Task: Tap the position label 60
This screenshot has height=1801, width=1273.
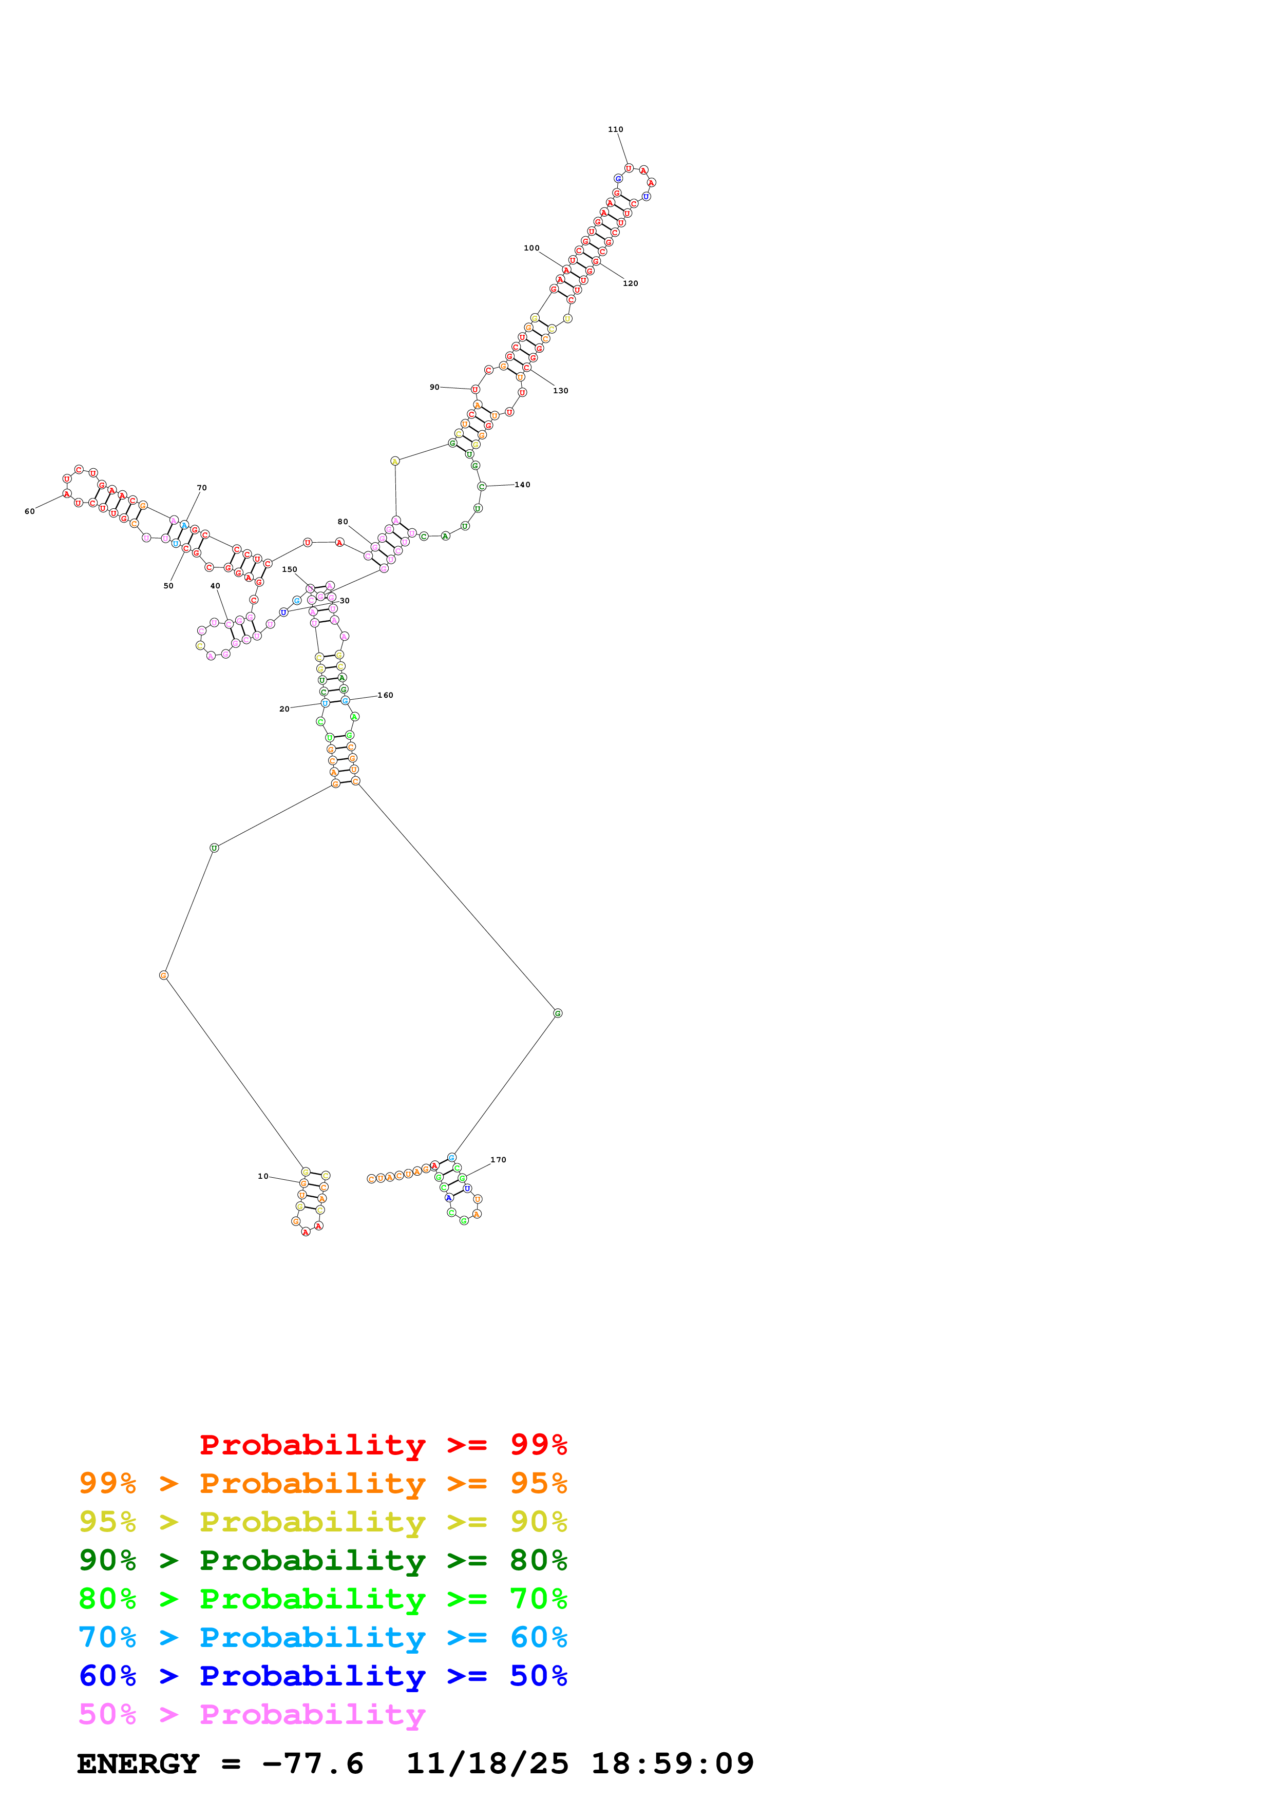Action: [30, 511]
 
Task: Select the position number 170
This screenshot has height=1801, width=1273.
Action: [498, 1159]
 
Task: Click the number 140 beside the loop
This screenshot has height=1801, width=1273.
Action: [522, 485]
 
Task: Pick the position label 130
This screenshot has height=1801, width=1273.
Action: [560, 391]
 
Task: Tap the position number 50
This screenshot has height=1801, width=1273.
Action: [168, 586]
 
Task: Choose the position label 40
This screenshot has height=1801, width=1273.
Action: [215, 586]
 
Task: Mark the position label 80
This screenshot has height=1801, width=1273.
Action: [343, 522]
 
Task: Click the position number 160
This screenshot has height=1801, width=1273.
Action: [385, 695]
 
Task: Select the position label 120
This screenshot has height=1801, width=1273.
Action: [630, 283]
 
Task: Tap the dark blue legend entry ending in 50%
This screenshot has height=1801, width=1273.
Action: [322, 1676]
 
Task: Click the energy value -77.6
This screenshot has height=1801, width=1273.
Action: [313, 1764]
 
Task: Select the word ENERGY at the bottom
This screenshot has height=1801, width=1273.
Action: [138, 1764]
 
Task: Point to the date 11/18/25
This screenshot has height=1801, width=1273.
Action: [487, 1764]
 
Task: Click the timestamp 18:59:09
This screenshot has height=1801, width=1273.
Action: [672, 1764]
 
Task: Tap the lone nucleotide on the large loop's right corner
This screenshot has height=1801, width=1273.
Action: [558, 1013]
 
